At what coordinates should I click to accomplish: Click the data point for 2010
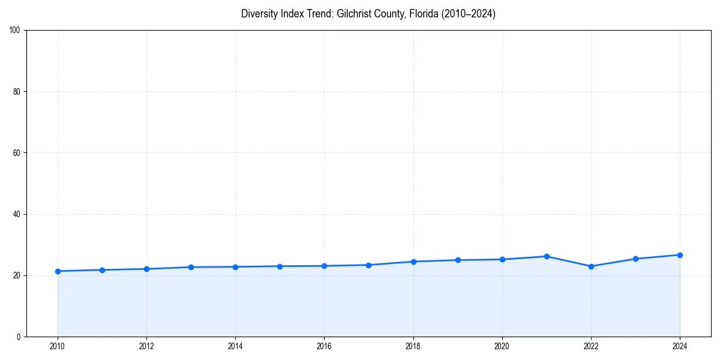coord(58,271)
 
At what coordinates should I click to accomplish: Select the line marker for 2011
coord(102,270)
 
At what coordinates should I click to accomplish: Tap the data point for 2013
coord(191,267)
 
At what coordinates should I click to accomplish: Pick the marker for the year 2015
coord(280,266)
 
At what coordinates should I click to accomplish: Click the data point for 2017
coord(368,265)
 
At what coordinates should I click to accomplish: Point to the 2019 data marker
coord(458,260)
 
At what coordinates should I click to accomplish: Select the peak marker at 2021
coord(547,256)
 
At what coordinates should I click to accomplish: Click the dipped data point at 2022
coord(591,266)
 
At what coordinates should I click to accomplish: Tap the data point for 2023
coord(635,259)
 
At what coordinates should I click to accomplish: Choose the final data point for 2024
coord(680,255)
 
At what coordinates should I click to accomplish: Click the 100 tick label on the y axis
coord(15,30)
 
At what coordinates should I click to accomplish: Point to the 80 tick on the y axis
coord(17,92)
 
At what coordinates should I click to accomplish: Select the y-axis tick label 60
coord(17,153)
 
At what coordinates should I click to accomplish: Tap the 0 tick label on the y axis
coord(19,337)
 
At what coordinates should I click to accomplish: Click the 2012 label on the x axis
coord(146,346)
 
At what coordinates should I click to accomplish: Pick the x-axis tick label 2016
coord(324,346)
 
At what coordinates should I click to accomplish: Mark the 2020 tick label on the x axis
coord(502,346)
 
